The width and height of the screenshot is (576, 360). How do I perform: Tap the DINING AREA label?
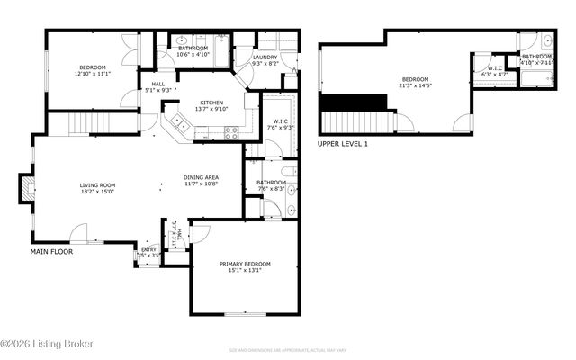point(202,177)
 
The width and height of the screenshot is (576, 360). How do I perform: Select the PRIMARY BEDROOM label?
point(245,264)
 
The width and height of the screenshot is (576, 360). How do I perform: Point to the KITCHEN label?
point(211,103)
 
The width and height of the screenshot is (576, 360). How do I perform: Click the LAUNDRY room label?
point(265,58)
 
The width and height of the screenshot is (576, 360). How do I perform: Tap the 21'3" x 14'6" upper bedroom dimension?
point(418,86)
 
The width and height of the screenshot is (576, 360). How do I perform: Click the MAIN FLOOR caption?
point(51,252)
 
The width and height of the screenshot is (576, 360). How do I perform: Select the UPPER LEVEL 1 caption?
point(342,144)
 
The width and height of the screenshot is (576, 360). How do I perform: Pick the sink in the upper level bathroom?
point(548,40)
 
